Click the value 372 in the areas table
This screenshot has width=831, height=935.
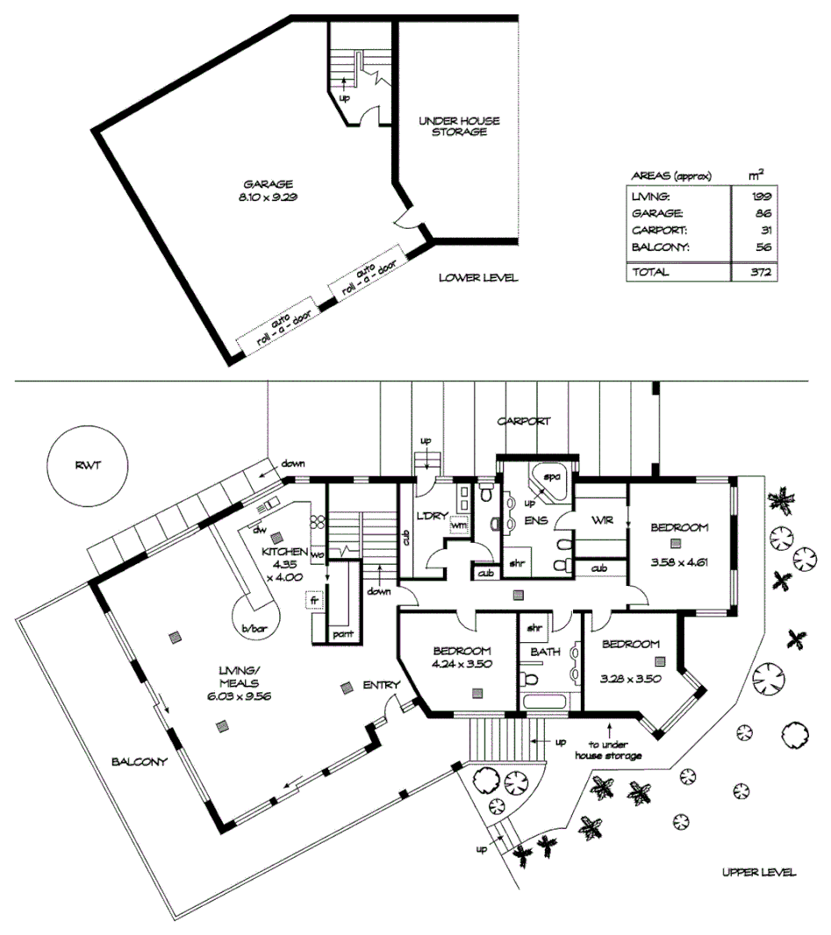coord(760,273)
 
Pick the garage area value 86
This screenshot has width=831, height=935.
coord(763,213)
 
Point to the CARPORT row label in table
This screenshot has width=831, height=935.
coord(656,230)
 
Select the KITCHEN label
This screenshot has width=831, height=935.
coord(284,552)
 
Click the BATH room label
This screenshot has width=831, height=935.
coord(547,652)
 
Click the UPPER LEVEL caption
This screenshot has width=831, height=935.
coord(758,872)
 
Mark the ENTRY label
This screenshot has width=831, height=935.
coord(381,685)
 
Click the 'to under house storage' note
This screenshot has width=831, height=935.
coord(608,749)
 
